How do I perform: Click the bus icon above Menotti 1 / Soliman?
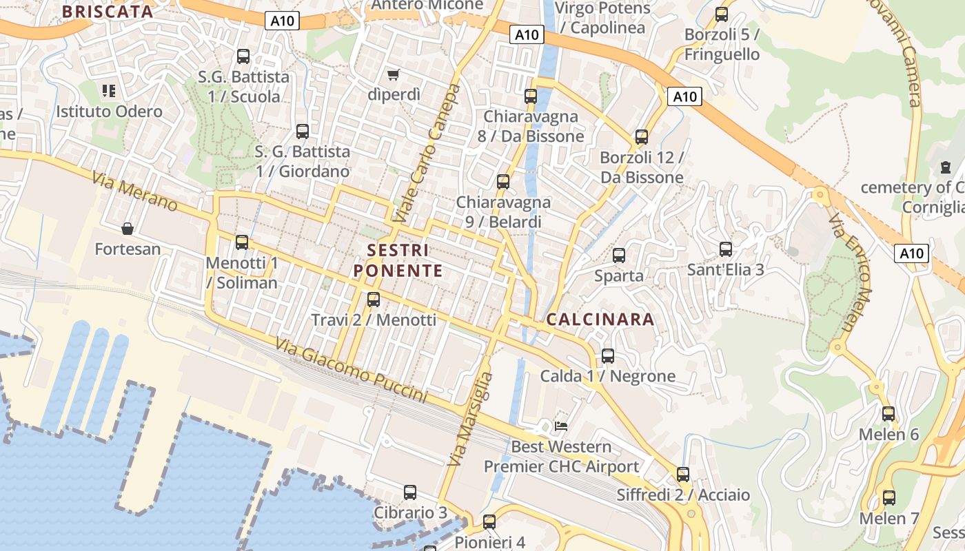pos(242,242)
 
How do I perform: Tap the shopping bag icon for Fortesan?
pos(128,229)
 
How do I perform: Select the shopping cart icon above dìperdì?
pos(393,74)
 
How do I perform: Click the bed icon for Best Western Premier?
pos(561,426)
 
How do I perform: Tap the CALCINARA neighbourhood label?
pos(600,320)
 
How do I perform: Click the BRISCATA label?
pos(108,11)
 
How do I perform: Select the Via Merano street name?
pos(134,192)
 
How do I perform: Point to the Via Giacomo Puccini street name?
pos(351,371)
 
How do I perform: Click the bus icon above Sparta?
pos(619,256)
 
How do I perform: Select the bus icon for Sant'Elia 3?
pos(726,249)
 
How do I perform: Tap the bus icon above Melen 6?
pos(888,414)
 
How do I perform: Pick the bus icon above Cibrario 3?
pos(410,492)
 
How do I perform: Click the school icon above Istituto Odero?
pos(109,91)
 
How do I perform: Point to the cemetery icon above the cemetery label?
pos(945,167)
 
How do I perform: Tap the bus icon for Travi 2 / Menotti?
pos(374,300)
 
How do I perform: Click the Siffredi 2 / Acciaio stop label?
pos(683,495)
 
